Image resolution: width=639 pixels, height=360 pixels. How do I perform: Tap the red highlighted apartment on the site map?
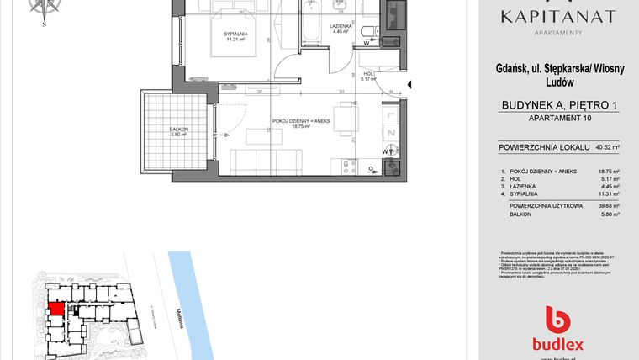(x=55, y=308)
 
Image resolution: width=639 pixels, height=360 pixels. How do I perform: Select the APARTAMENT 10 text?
(x=557, y=119)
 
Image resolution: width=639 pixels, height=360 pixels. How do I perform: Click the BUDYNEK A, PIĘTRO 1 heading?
(x=557, y=105)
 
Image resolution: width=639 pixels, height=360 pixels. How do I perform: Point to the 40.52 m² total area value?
(x=607, y=148)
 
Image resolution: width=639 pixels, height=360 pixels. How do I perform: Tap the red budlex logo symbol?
(x=557, y=319)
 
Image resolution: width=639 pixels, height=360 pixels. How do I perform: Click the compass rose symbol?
(x=45, y=8)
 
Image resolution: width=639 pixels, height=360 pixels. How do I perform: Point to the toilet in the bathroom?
(x=367, y=33)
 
